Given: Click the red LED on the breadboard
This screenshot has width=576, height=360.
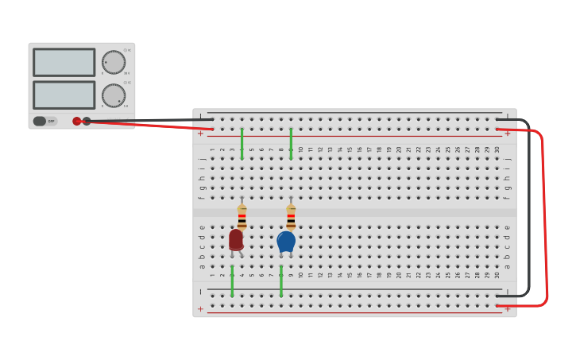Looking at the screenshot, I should [236, 239].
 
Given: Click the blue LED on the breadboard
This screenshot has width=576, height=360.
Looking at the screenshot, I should [286, 241].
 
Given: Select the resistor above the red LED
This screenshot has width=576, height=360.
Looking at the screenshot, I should [242, 217].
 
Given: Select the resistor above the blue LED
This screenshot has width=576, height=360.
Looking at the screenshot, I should [291, 217].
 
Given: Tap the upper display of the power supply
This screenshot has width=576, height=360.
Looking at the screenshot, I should [64, 62].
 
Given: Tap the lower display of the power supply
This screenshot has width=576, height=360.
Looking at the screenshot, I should [64, 95].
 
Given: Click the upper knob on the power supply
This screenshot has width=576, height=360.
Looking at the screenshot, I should [114, 62].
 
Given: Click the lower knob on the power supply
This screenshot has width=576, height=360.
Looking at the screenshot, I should [114, 95].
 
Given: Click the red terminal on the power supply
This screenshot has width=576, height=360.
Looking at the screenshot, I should [77, 121].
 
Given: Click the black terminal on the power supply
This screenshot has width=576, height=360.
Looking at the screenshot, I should [87, 121].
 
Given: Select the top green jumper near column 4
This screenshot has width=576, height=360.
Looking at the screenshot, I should [242, 144].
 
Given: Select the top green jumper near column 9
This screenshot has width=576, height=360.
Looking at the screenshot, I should [291, 144].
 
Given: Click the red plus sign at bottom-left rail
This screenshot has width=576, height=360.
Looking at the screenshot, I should [200, 308].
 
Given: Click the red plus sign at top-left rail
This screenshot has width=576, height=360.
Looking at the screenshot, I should [200, 133].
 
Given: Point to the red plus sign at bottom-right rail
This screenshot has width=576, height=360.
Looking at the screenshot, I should [508, 308].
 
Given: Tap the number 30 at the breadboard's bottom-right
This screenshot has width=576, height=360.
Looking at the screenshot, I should [497, 275].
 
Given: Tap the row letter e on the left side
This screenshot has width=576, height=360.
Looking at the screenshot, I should [202, 228].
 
